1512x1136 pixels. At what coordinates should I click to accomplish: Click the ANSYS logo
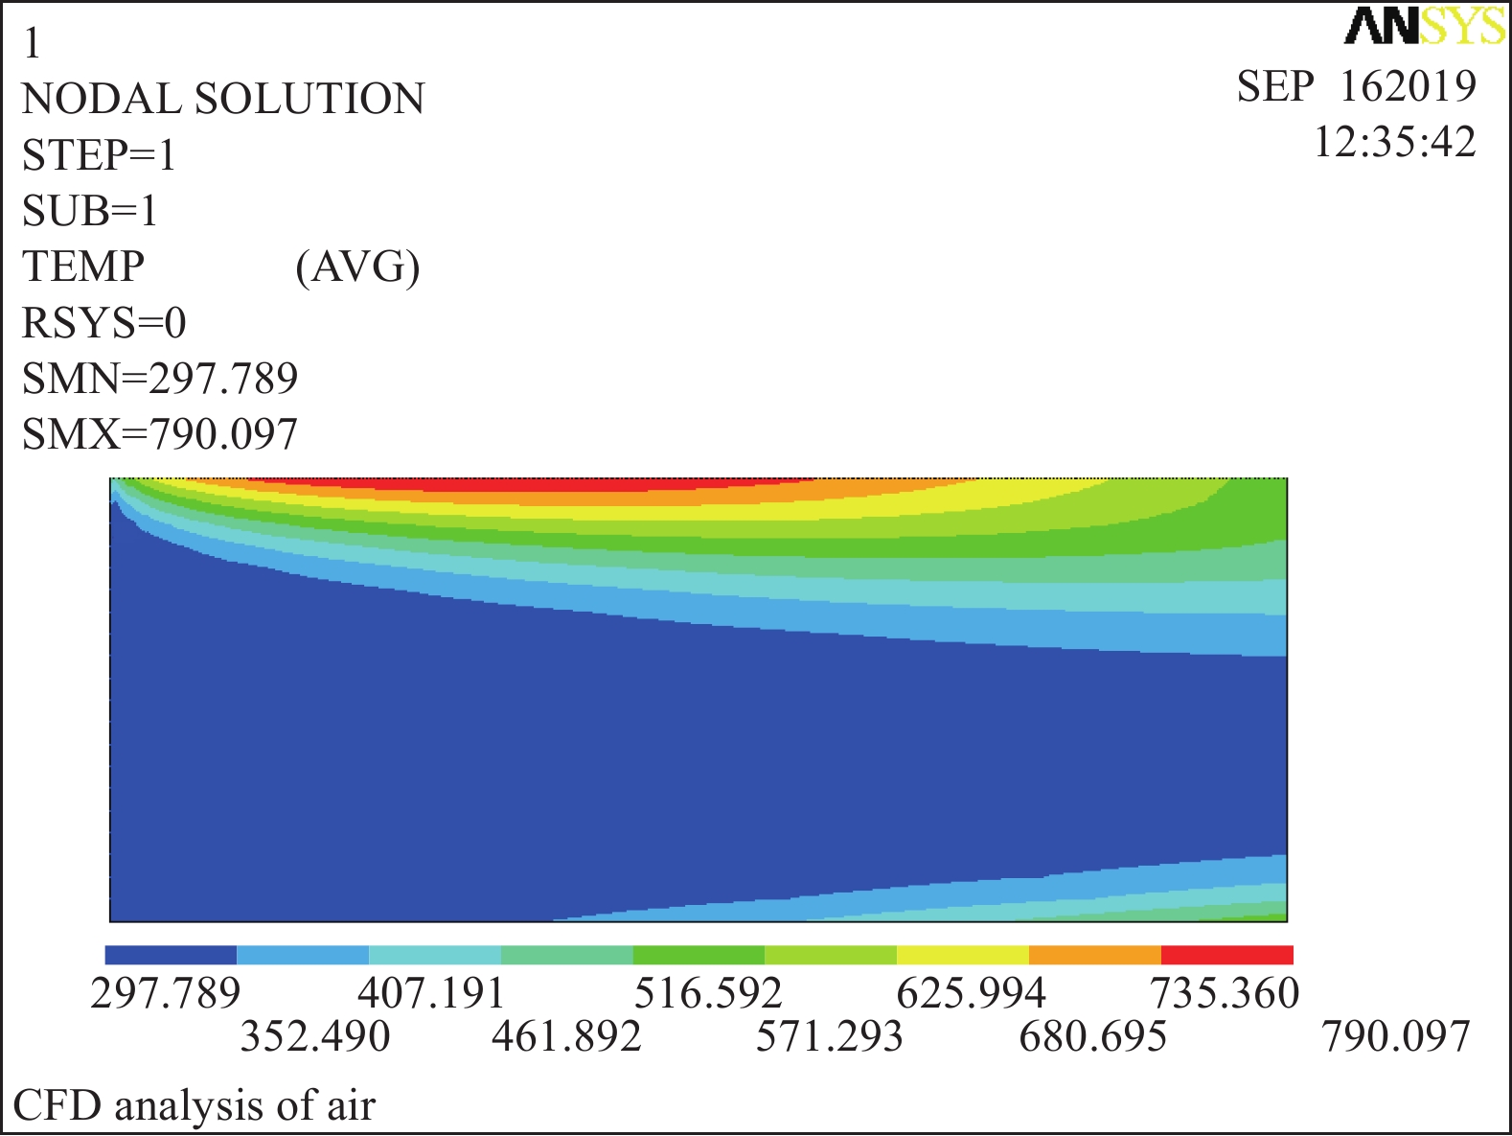[x=1425, y=27]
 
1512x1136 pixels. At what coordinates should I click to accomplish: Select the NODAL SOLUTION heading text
[x=223, y=100]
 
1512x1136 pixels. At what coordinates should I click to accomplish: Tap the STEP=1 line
[x=100, y=155]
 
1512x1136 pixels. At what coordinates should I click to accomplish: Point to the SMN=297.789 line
[x=160, y=379]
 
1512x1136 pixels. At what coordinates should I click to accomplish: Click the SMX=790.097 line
[x=160, y=434]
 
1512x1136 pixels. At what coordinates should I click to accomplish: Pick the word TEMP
[x=83, y=267]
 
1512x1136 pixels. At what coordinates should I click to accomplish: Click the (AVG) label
[x=357, y=267]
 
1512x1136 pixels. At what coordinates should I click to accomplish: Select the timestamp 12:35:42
[x=1394, y=142]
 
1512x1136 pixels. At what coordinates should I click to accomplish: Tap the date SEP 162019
[x=1356, y=86]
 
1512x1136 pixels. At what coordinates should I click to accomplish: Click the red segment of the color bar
[x=1226, y=955]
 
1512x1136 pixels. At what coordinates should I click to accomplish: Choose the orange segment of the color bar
[x=1094, y=955]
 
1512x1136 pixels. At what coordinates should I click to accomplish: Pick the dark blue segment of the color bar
[x=171, y=955]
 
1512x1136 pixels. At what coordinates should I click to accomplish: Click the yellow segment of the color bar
[x=962, y=955]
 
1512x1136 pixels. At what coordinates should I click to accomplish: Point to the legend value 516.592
[x=708, y=993]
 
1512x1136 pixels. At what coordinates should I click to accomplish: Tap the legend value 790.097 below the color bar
[x=1395, y=1036]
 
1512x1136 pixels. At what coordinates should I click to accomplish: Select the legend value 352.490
[x=315, y=1036]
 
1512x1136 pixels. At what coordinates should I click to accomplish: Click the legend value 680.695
[x=1093, y=1036]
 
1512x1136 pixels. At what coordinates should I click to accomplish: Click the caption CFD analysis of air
[x=195, y=1106]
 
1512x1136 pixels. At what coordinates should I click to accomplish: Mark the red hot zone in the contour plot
[x=537, y=485]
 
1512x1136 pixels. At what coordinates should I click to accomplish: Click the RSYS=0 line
[x=104, y=323]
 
